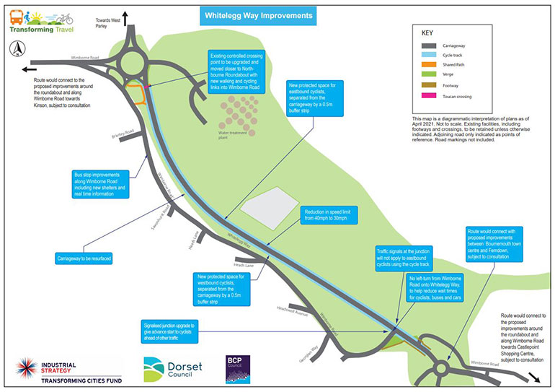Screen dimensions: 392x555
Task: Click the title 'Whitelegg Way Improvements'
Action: tap(256, 15)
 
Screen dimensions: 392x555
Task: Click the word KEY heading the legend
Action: tap(427, 33)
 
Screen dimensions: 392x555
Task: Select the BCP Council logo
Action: tap(237, 367)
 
